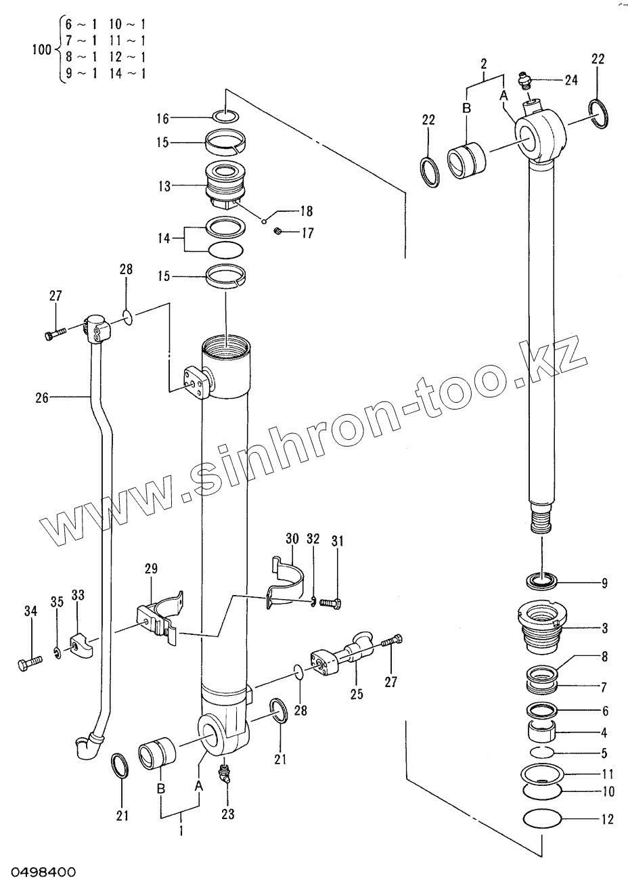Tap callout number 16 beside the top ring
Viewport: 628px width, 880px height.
click(162, 118)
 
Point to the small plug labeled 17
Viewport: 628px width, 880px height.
click(278, 233)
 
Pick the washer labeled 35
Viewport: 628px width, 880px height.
click(58, 654)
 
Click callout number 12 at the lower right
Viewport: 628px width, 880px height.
click(606, 820)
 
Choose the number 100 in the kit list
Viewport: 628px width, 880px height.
click(41, 49)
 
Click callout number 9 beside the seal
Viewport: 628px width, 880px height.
click(605, 583)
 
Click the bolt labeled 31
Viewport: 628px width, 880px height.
click(331, 600)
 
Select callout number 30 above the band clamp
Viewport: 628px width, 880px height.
click(292, 540)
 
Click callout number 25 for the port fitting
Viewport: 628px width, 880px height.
click(356, 695)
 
